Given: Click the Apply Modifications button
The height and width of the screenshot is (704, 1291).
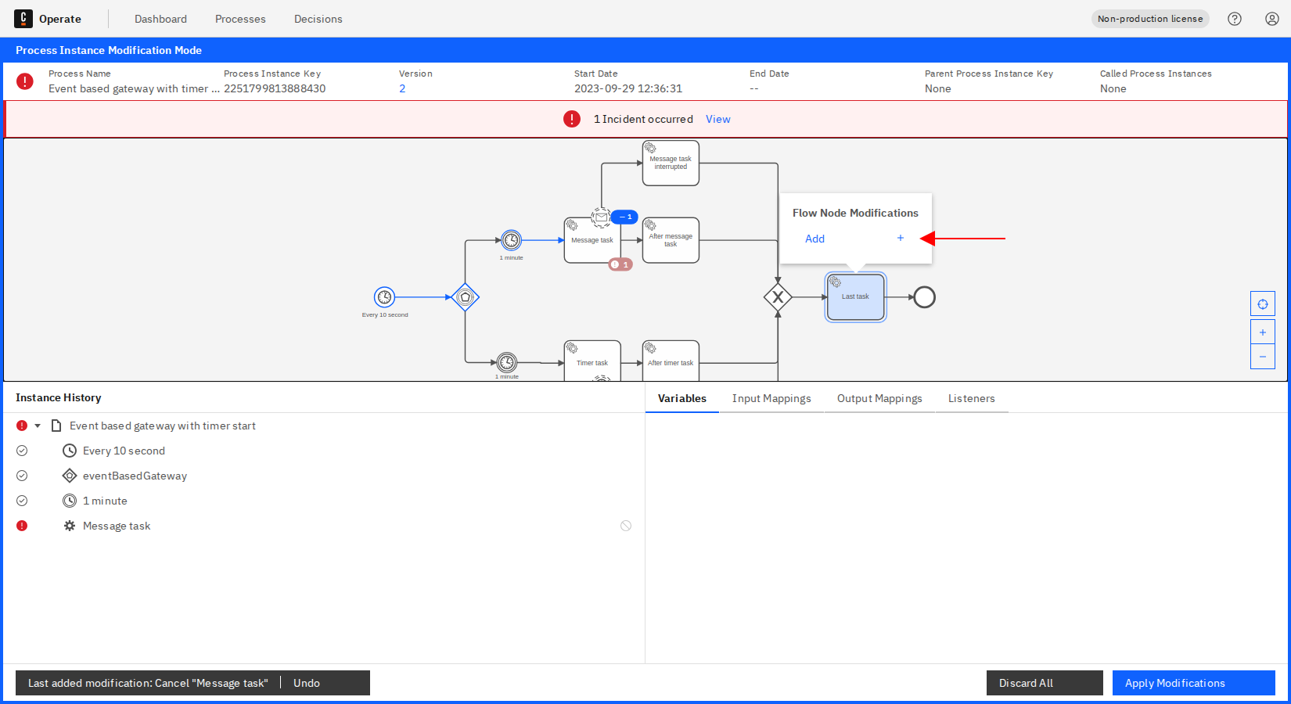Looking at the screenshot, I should [1192, 683].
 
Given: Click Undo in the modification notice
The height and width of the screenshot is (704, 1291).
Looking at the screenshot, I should [307, 683].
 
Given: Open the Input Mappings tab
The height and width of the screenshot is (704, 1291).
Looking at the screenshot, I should [771, 398].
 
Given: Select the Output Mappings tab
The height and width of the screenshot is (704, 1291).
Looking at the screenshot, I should [879, 398].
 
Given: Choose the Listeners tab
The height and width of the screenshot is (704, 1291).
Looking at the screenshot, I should [971, 398].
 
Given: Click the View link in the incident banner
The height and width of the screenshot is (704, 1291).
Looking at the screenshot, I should [717, 119].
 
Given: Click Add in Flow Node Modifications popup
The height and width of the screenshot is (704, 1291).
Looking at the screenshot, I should [815, 239].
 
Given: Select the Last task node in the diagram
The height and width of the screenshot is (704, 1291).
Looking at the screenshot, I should [855, 297].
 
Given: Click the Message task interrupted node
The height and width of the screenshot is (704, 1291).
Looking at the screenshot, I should [671, 163].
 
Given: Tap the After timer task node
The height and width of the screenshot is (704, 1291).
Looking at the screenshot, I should [671, 361].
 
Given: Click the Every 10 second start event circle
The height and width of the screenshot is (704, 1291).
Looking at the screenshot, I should [384, 297].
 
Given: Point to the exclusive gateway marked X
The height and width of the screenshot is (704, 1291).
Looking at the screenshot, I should [778, 297].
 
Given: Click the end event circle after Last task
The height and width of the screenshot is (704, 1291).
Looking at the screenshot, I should [924, 297].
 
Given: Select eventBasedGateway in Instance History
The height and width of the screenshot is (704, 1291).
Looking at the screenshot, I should [135, 476].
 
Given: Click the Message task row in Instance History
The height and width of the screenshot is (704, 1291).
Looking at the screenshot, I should [117, 526].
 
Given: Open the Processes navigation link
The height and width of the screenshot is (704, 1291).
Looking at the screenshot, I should [240, 19].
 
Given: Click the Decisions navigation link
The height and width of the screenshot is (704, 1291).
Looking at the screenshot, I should [318, 19].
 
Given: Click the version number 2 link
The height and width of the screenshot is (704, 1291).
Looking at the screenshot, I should [402, 88].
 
